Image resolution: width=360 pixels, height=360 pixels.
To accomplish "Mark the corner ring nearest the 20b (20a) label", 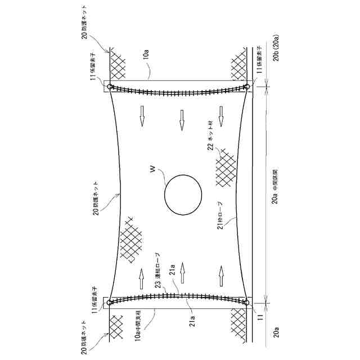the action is [246, 87].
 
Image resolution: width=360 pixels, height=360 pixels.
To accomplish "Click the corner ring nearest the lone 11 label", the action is [246, 303].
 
